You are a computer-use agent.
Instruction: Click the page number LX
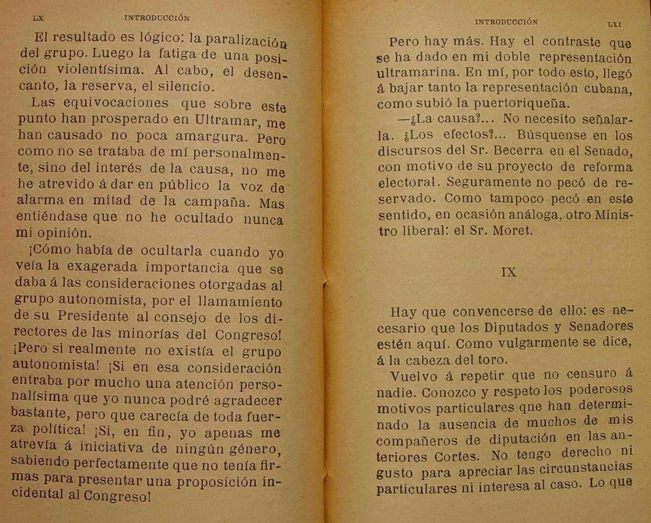(38, 18)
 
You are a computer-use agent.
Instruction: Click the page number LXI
(615, 24)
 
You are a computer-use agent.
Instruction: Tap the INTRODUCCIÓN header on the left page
(157, 18)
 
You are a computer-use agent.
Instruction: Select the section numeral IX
(509, 272)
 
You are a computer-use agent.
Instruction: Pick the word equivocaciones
(116, 103)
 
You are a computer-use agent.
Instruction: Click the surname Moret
(513, 230)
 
